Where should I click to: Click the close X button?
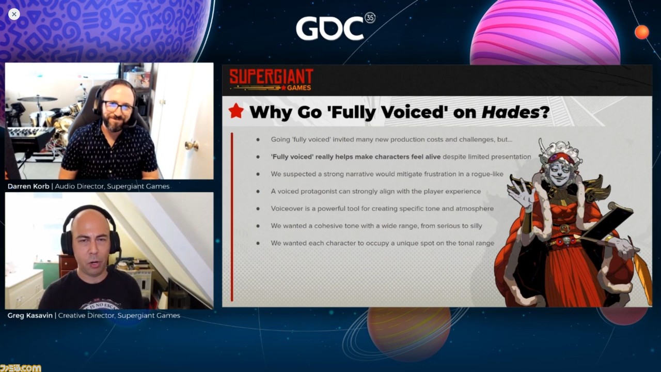14,14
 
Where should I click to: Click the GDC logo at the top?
329,28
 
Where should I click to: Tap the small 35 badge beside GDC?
370,18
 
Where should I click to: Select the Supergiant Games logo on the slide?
271,80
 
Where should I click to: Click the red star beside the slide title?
236,111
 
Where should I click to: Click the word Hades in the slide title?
511,112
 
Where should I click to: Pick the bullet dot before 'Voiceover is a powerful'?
258,209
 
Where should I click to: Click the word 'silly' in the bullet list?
476,226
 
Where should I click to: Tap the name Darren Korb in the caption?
28,187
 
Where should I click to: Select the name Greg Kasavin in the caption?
30,315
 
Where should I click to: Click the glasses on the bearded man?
118,106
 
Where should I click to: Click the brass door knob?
192,145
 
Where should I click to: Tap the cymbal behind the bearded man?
37,99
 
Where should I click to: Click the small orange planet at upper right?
642,32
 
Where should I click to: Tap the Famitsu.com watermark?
21,368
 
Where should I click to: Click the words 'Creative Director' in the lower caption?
86,315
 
